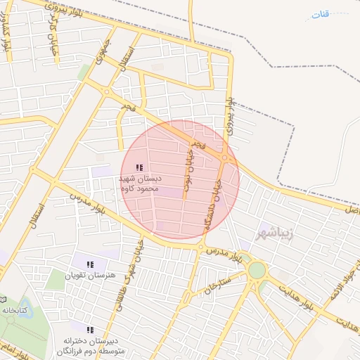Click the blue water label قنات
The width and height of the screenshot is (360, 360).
coord(321,14)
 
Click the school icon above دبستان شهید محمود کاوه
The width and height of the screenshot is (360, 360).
coord(139,167)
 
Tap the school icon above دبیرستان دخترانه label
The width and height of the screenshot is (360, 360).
coord(89,329)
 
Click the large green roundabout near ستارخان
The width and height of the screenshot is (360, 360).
coord(257,270)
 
